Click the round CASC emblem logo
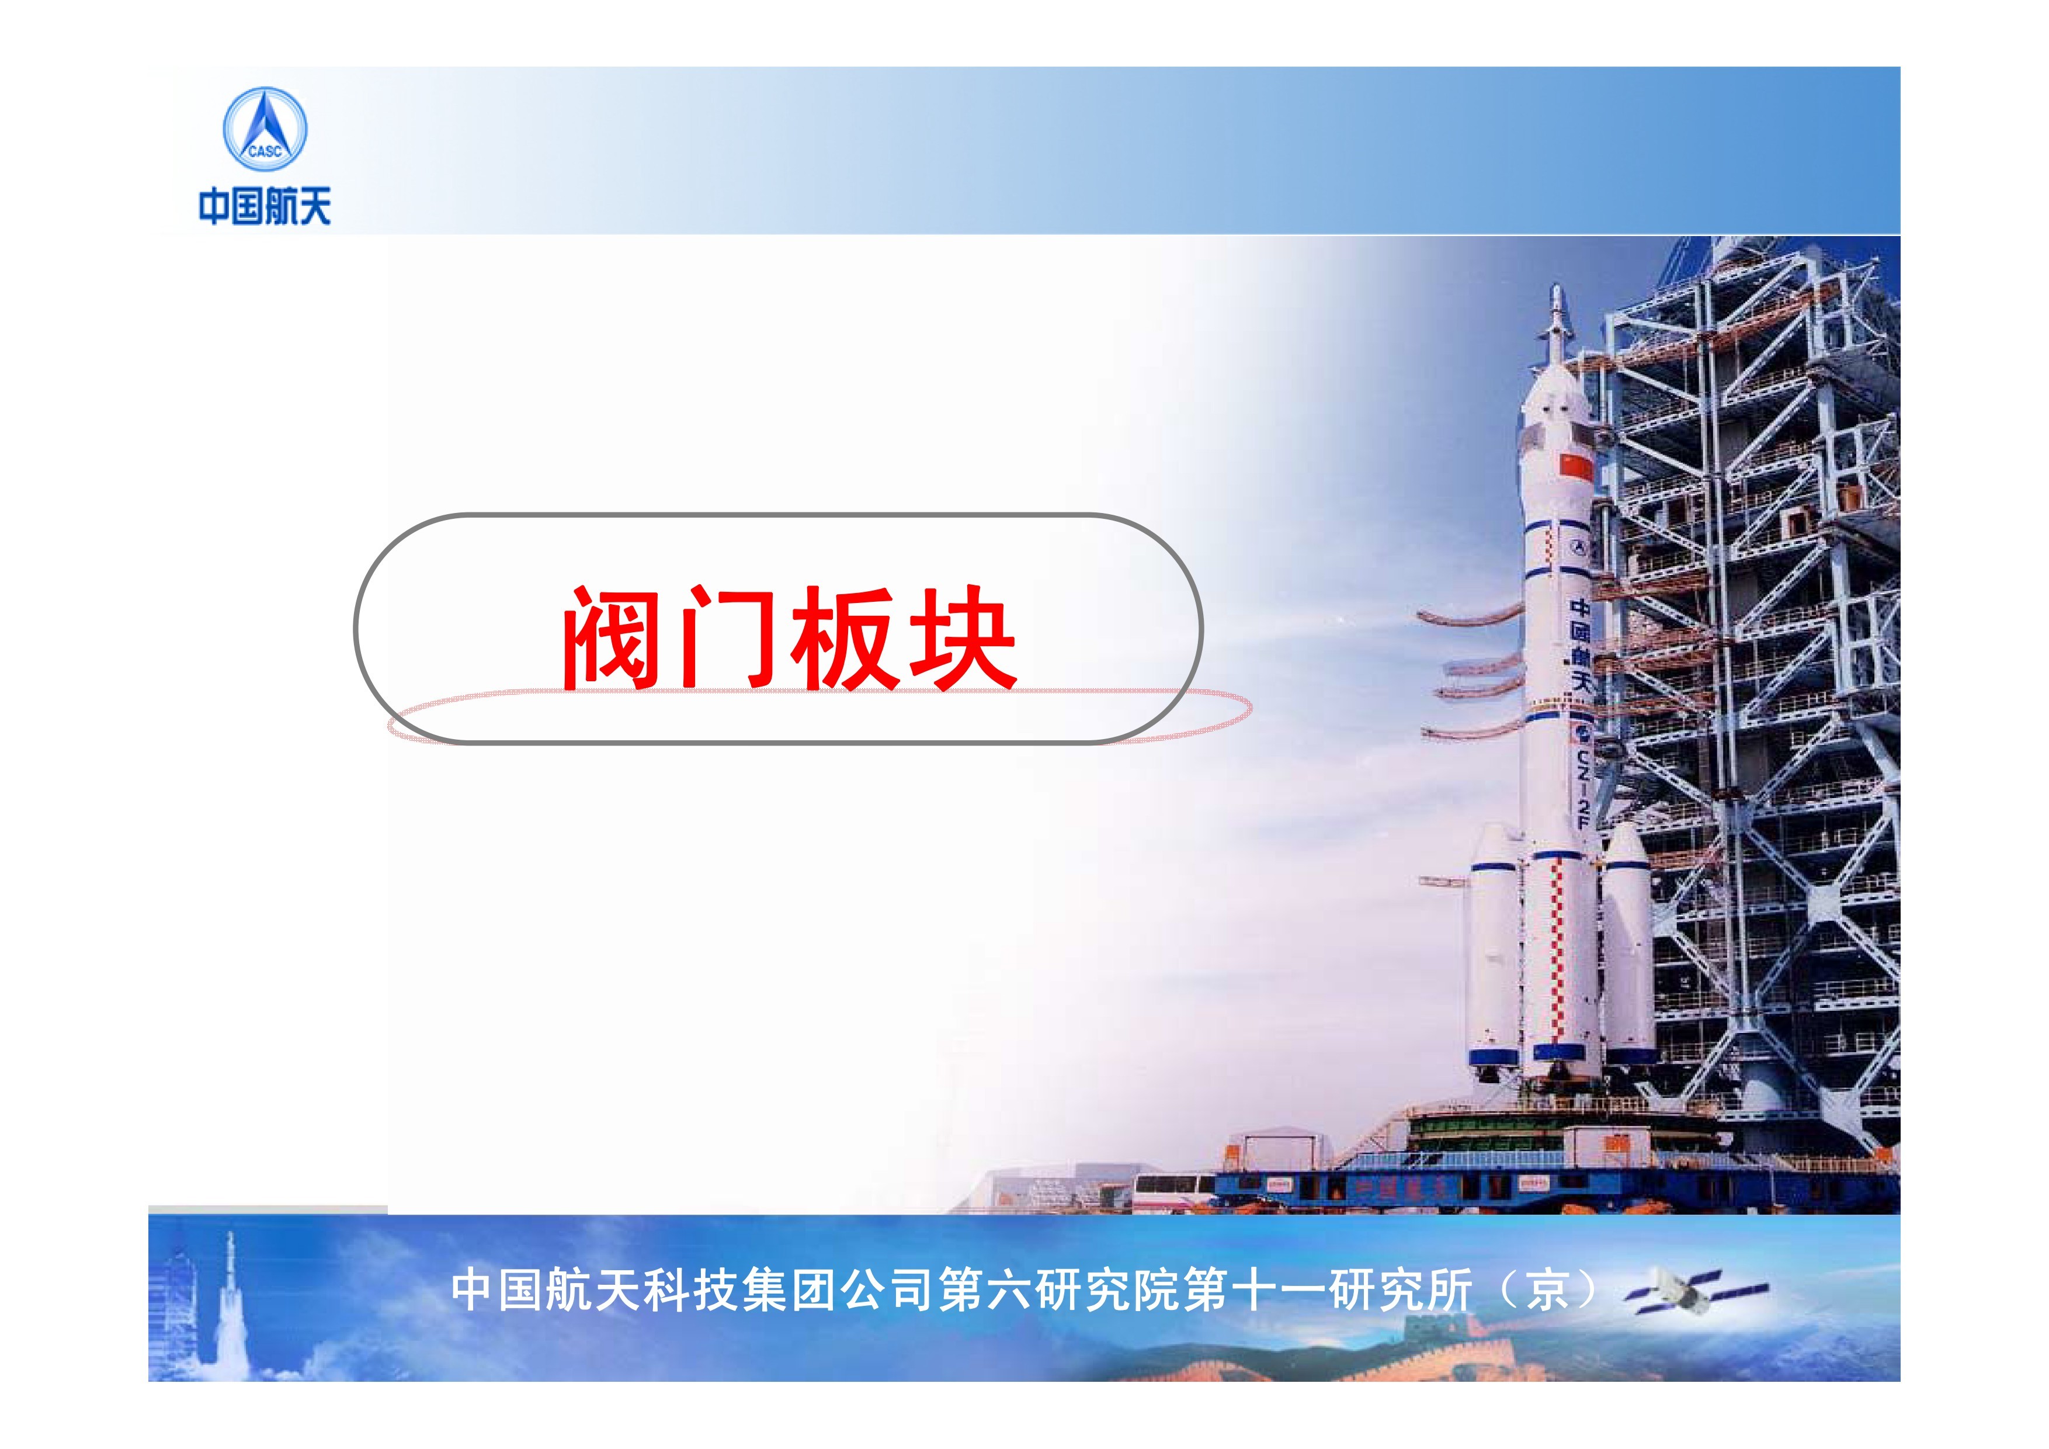point(264,130)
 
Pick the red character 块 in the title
point(962,637)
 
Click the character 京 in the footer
point(1547,1290)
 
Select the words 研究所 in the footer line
point(1400,1290)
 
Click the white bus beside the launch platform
point(1175,1192)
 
